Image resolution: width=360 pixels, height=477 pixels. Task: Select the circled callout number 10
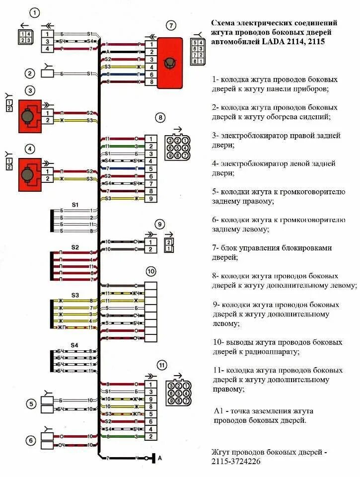point(151,271)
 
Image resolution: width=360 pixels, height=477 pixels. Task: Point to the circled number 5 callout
point(31,404)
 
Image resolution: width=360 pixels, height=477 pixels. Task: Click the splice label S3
point(75,295)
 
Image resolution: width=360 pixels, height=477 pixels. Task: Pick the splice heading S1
point(75,205)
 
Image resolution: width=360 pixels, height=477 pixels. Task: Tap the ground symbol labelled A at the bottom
point(155,458)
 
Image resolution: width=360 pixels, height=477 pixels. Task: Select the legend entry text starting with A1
point(263,415)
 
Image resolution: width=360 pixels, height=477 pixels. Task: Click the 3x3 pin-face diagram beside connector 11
point(178,393)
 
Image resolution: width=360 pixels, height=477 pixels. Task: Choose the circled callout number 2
point(31,74)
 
